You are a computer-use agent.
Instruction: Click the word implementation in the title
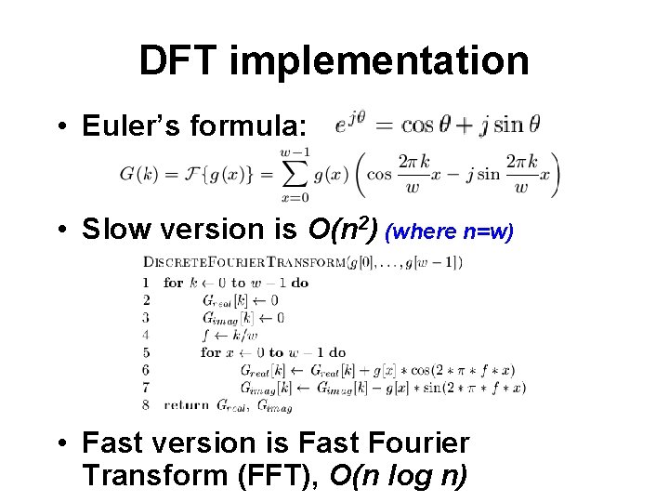(379, 61)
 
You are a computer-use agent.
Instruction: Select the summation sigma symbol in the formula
(295, 175)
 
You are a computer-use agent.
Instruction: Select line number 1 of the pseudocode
(146, 283)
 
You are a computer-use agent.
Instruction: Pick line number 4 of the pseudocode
(146, 335)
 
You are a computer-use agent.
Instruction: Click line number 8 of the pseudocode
(146, 405)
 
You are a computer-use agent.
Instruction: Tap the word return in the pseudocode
(187, 405)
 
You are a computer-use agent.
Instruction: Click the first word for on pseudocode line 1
(174, 283)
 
